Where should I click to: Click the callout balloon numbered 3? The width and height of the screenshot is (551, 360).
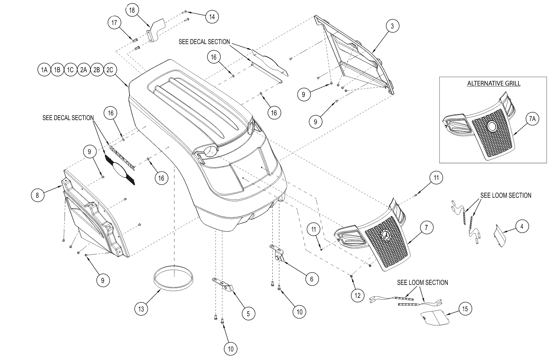392,26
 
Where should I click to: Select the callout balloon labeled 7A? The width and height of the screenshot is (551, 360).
532,119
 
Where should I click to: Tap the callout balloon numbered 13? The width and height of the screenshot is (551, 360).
141,309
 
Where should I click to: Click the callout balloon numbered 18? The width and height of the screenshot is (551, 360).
132,10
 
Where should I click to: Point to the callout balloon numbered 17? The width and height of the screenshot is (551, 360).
114,23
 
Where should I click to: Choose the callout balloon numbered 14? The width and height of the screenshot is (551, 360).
212,16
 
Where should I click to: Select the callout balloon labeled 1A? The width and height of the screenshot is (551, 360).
44,70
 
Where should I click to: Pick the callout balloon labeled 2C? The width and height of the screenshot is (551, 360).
110,70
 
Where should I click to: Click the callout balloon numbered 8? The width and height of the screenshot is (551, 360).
37,195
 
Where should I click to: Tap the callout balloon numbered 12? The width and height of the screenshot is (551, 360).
358,296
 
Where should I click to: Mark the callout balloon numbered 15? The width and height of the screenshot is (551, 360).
465,309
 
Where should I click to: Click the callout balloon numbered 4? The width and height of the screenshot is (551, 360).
522,226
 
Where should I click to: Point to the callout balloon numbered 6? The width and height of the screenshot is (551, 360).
312,279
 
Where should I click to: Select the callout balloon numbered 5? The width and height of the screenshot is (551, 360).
248,314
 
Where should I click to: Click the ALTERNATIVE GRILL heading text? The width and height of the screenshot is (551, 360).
494,84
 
